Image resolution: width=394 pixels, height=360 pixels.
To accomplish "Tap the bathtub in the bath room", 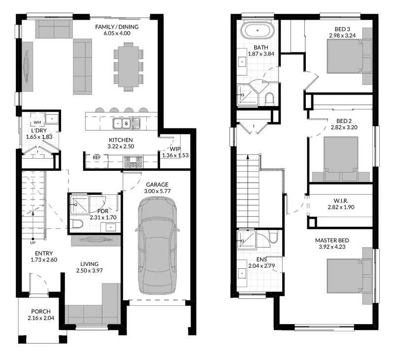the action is [x=258, y=31].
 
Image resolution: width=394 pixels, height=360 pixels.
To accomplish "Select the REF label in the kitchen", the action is [x=97, y=158].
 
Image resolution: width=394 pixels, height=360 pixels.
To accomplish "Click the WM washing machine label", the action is [x=37, y=122].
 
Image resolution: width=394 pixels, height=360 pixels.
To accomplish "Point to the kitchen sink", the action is [x=126, y=123].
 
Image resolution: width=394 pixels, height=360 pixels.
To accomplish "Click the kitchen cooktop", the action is [x=133, y=162].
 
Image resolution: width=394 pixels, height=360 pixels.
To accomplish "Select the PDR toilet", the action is [x=76, y=224].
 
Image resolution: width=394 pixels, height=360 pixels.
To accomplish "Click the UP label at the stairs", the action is [x=33, y=243].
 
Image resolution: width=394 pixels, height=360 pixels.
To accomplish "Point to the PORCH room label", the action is [x=41, y=312].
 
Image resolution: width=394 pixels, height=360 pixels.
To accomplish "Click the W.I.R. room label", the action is [x=341, y=201].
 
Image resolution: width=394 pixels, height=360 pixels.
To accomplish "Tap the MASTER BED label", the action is [x=332, y=240].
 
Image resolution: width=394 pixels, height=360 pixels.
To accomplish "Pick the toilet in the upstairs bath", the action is [x=270, y=99].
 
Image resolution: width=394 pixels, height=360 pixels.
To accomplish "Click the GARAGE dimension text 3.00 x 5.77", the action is [x=157, y=191].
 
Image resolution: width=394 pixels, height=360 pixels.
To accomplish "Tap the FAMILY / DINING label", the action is [x=117, y=27].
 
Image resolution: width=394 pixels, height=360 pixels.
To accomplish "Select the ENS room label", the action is [x=262, y=260].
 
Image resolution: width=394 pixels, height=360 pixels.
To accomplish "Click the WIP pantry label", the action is [x=175, y=149].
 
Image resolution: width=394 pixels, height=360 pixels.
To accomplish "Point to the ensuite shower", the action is [x=247, y=240].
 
